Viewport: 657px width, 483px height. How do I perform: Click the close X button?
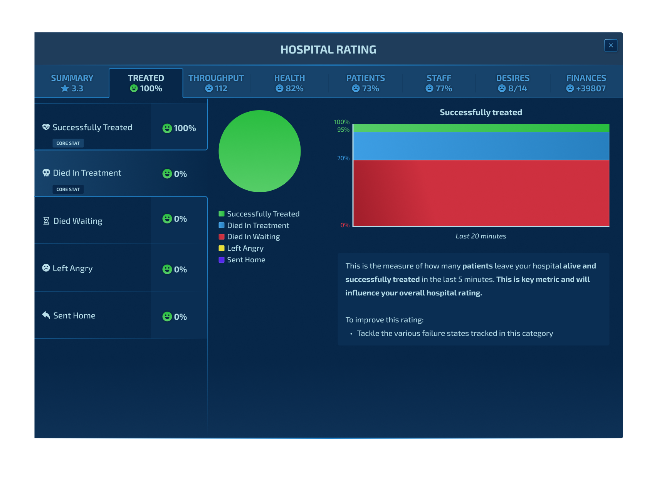pos(611,45)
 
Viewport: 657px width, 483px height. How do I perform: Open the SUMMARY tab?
pos(72,83)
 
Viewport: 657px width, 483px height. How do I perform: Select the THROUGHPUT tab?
pos(216,83)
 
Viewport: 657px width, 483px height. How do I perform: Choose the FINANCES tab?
pos(586,83)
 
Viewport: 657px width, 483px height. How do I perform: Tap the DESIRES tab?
pos(512,83)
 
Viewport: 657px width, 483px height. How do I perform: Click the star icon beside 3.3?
pos(65,88)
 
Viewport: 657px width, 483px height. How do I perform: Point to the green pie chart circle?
pos(260,151)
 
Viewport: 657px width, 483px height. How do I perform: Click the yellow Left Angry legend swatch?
pos(222,248)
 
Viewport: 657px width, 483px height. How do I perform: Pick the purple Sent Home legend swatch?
pos(222,260)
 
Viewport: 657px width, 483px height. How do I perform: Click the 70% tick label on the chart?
pos(343,158)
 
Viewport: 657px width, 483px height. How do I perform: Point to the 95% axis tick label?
pos(343,130)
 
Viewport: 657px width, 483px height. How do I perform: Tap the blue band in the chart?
pos(481,146)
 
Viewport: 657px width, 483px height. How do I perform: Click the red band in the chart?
pos(481,193)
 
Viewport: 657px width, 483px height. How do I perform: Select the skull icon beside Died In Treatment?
pos(46,173)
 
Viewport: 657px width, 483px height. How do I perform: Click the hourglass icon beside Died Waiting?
pos(46,221)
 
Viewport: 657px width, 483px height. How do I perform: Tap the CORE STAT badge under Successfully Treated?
pos(68,143)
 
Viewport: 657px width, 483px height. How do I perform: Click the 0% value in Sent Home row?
pos(180,317)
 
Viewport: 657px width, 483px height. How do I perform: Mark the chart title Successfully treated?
pos(481,112)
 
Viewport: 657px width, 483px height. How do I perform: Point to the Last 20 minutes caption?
pos(481,236)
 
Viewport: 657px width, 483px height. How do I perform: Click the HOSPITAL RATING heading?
pos(328,50)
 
